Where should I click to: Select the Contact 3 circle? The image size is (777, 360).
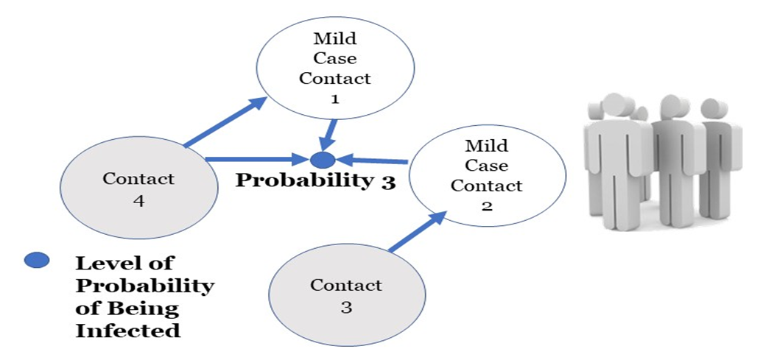tap(346, 294)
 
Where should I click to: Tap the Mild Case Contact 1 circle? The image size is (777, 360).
tap(334, 66)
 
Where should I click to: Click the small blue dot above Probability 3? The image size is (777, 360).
tap(323, 158)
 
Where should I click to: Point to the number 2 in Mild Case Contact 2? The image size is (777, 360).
tap(487, 205)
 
